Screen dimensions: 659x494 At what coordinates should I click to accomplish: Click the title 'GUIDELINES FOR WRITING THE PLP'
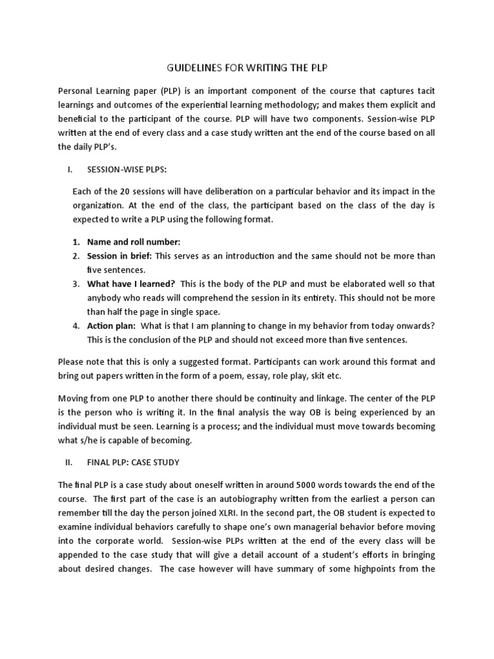click(246, 69)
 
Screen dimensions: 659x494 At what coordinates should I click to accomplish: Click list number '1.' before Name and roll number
click(76, 241)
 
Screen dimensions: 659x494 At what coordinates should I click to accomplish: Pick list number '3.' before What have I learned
click(76, 284)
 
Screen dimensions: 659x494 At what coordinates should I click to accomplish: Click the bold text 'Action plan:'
click(107, 326)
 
